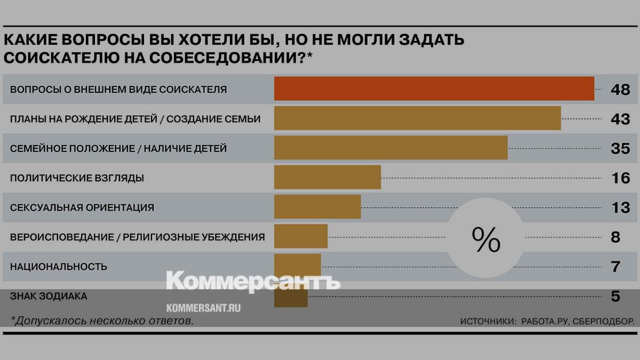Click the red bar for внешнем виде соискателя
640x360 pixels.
[x=434, y=89]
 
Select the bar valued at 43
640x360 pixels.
[x=417, y=118]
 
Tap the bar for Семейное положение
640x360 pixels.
[x=390, y=148]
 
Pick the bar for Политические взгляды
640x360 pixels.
[x=327, y=177]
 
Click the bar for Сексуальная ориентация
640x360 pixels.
[x=317, y=207]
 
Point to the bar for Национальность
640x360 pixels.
[x=297, y=265]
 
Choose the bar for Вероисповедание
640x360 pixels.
[x=300, y=236]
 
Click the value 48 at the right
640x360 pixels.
[x=620, y=90]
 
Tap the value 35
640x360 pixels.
[x=620, y=149]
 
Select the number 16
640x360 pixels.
[x=620, y=178]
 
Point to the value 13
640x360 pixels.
[x=620, y=207]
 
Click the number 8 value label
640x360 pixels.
[x=615, y=237]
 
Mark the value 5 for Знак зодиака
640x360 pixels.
[x=615, y=296]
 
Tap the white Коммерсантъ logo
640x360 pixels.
[x=253, y=281]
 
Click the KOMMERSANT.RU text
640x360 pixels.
[x=203, y=308]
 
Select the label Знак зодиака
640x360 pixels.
[x=49, y=296]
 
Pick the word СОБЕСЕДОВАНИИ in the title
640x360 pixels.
[x=214, y=58]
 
